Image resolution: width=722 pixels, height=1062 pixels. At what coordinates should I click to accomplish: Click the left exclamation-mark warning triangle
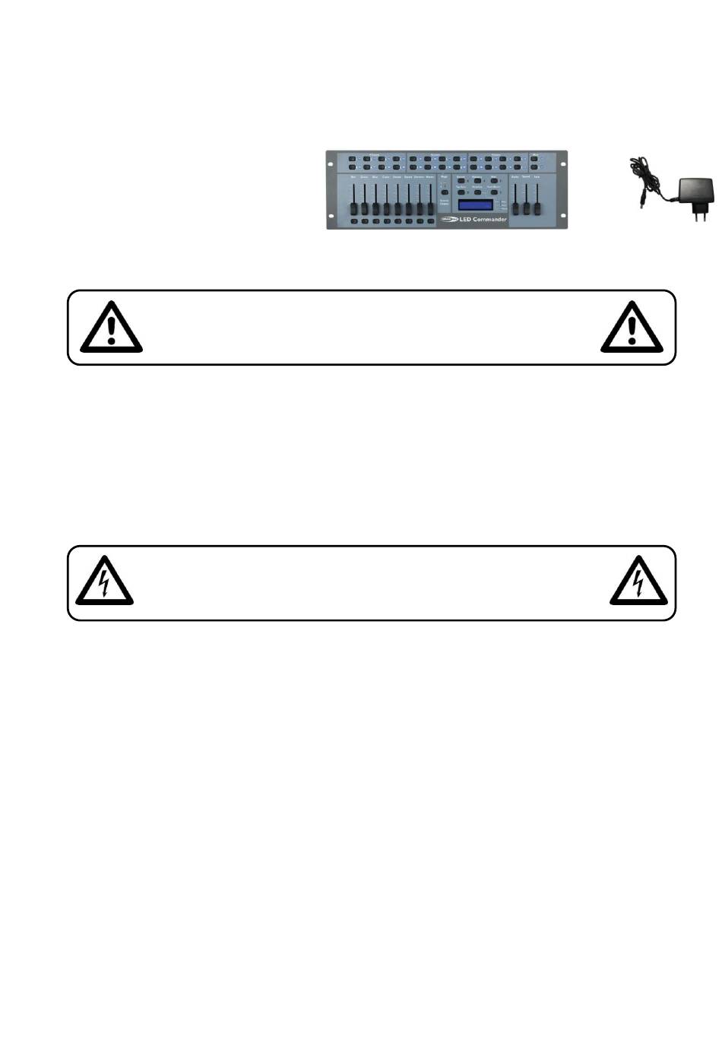(111, 328)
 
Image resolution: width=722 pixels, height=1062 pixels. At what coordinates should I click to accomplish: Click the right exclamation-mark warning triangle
(632, 328)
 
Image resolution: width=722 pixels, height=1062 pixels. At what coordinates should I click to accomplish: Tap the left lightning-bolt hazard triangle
(104, 582)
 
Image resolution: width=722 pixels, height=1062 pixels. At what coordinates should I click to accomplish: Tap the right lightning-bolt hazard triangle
(638, 582)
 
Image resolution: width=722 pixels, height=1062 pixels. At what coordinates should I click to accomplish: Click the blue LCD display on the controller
(475, 205)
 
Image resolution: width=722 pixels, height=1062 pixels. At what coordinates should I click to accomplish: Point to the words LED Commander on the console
(483, 220)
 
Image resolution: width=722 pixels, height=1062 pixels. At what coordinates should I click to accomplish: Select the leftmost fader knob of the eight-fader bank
(353, 208)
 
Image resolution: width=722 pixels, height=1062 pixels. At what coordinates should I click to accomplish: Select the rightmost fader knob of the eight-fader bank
(429, 208)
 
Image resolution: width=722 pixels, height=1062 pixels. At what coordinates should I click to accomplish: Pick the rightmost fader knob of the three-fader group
(537, 208)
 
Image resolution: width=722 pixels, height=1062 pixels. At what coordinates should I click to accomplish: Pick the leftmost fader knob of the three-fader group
(516, 208)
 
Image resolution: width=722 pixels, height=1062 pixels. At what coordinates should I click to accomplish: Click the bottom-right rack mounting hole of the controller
(564, 216)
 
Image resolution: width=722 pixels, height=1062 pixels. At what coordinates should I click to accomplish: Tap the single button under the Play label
(445, 191)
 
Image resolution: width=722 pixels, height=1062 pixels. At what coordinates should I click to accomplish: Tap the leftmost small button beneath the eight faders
(353, 222)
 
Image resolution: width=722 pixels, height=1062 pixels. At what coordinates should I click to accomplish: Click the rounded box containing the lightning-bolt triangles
(372, 583)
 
